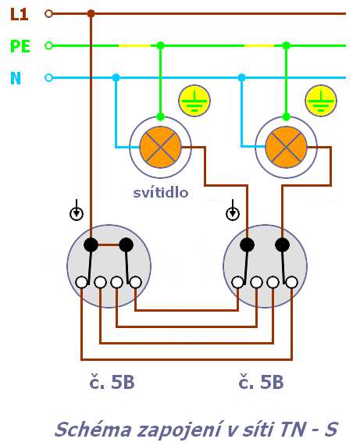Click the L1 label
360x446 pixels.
point(19,14)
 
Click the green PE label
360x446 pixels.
point(20,46)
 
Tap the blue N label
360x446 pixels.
point(16,78)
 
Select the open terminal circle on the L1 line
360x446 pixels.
point(49,13)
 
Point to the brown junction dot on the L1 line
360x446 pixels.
point(91,13)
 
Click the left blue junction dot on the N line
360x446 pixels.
point(116,77)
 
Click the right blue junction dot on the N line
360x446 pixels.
point(242,77)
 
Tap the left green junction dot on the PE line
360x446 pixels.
point(161,45)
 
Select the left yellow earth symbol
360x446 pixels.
point(194,101)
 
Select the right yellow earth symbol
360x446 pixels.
point(321,101)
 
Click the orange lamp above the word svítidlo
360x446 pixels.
point(161,148)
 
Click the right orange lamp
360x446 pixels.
point(287,148)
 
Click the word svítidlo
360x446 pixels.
point(161,193)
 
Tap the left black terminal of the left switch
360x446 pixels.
point(91,244)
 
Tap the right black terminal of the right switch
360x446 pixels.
point(283,244)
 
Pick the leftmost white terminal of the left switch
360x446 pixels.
point(82,283)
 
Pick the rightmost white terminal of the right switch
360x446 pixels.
point(292,283)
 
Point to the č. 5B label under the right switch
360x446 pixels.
point(261,382)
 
